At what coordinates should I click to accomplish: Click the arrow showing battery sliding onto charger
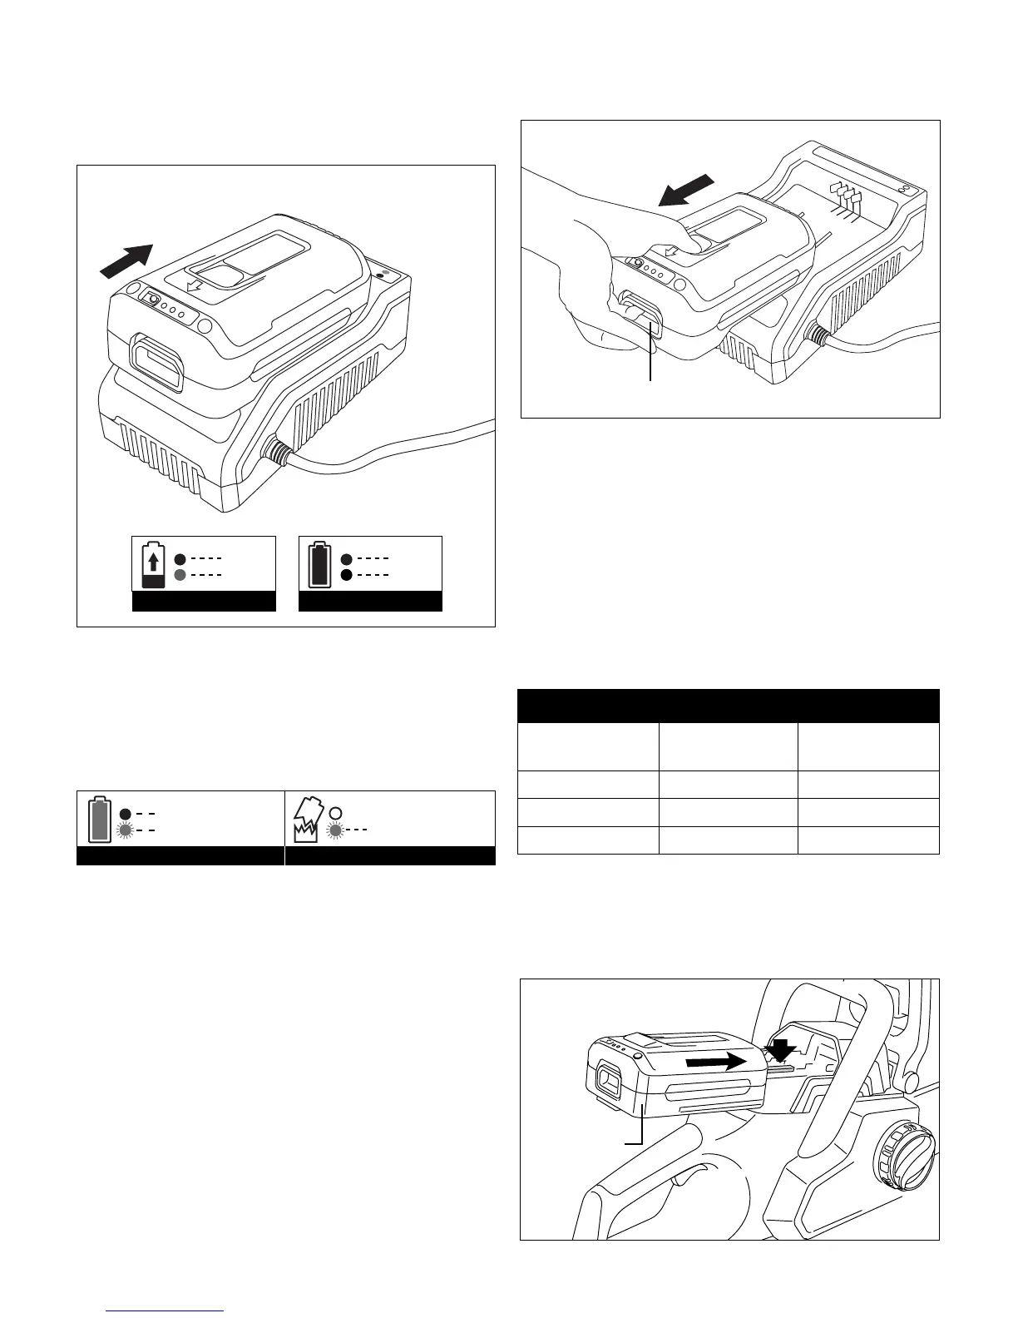tap(126, 259)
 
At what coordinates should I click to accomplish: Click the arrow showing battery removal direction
tap(684, 191)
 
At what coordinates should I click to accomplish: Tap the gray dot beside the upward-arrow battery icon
tap(179, 575)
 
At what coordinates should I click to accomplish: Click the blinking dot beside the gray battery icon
tap(126, 830)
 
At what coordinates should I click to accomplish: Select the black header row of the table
tap(728, 706)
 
